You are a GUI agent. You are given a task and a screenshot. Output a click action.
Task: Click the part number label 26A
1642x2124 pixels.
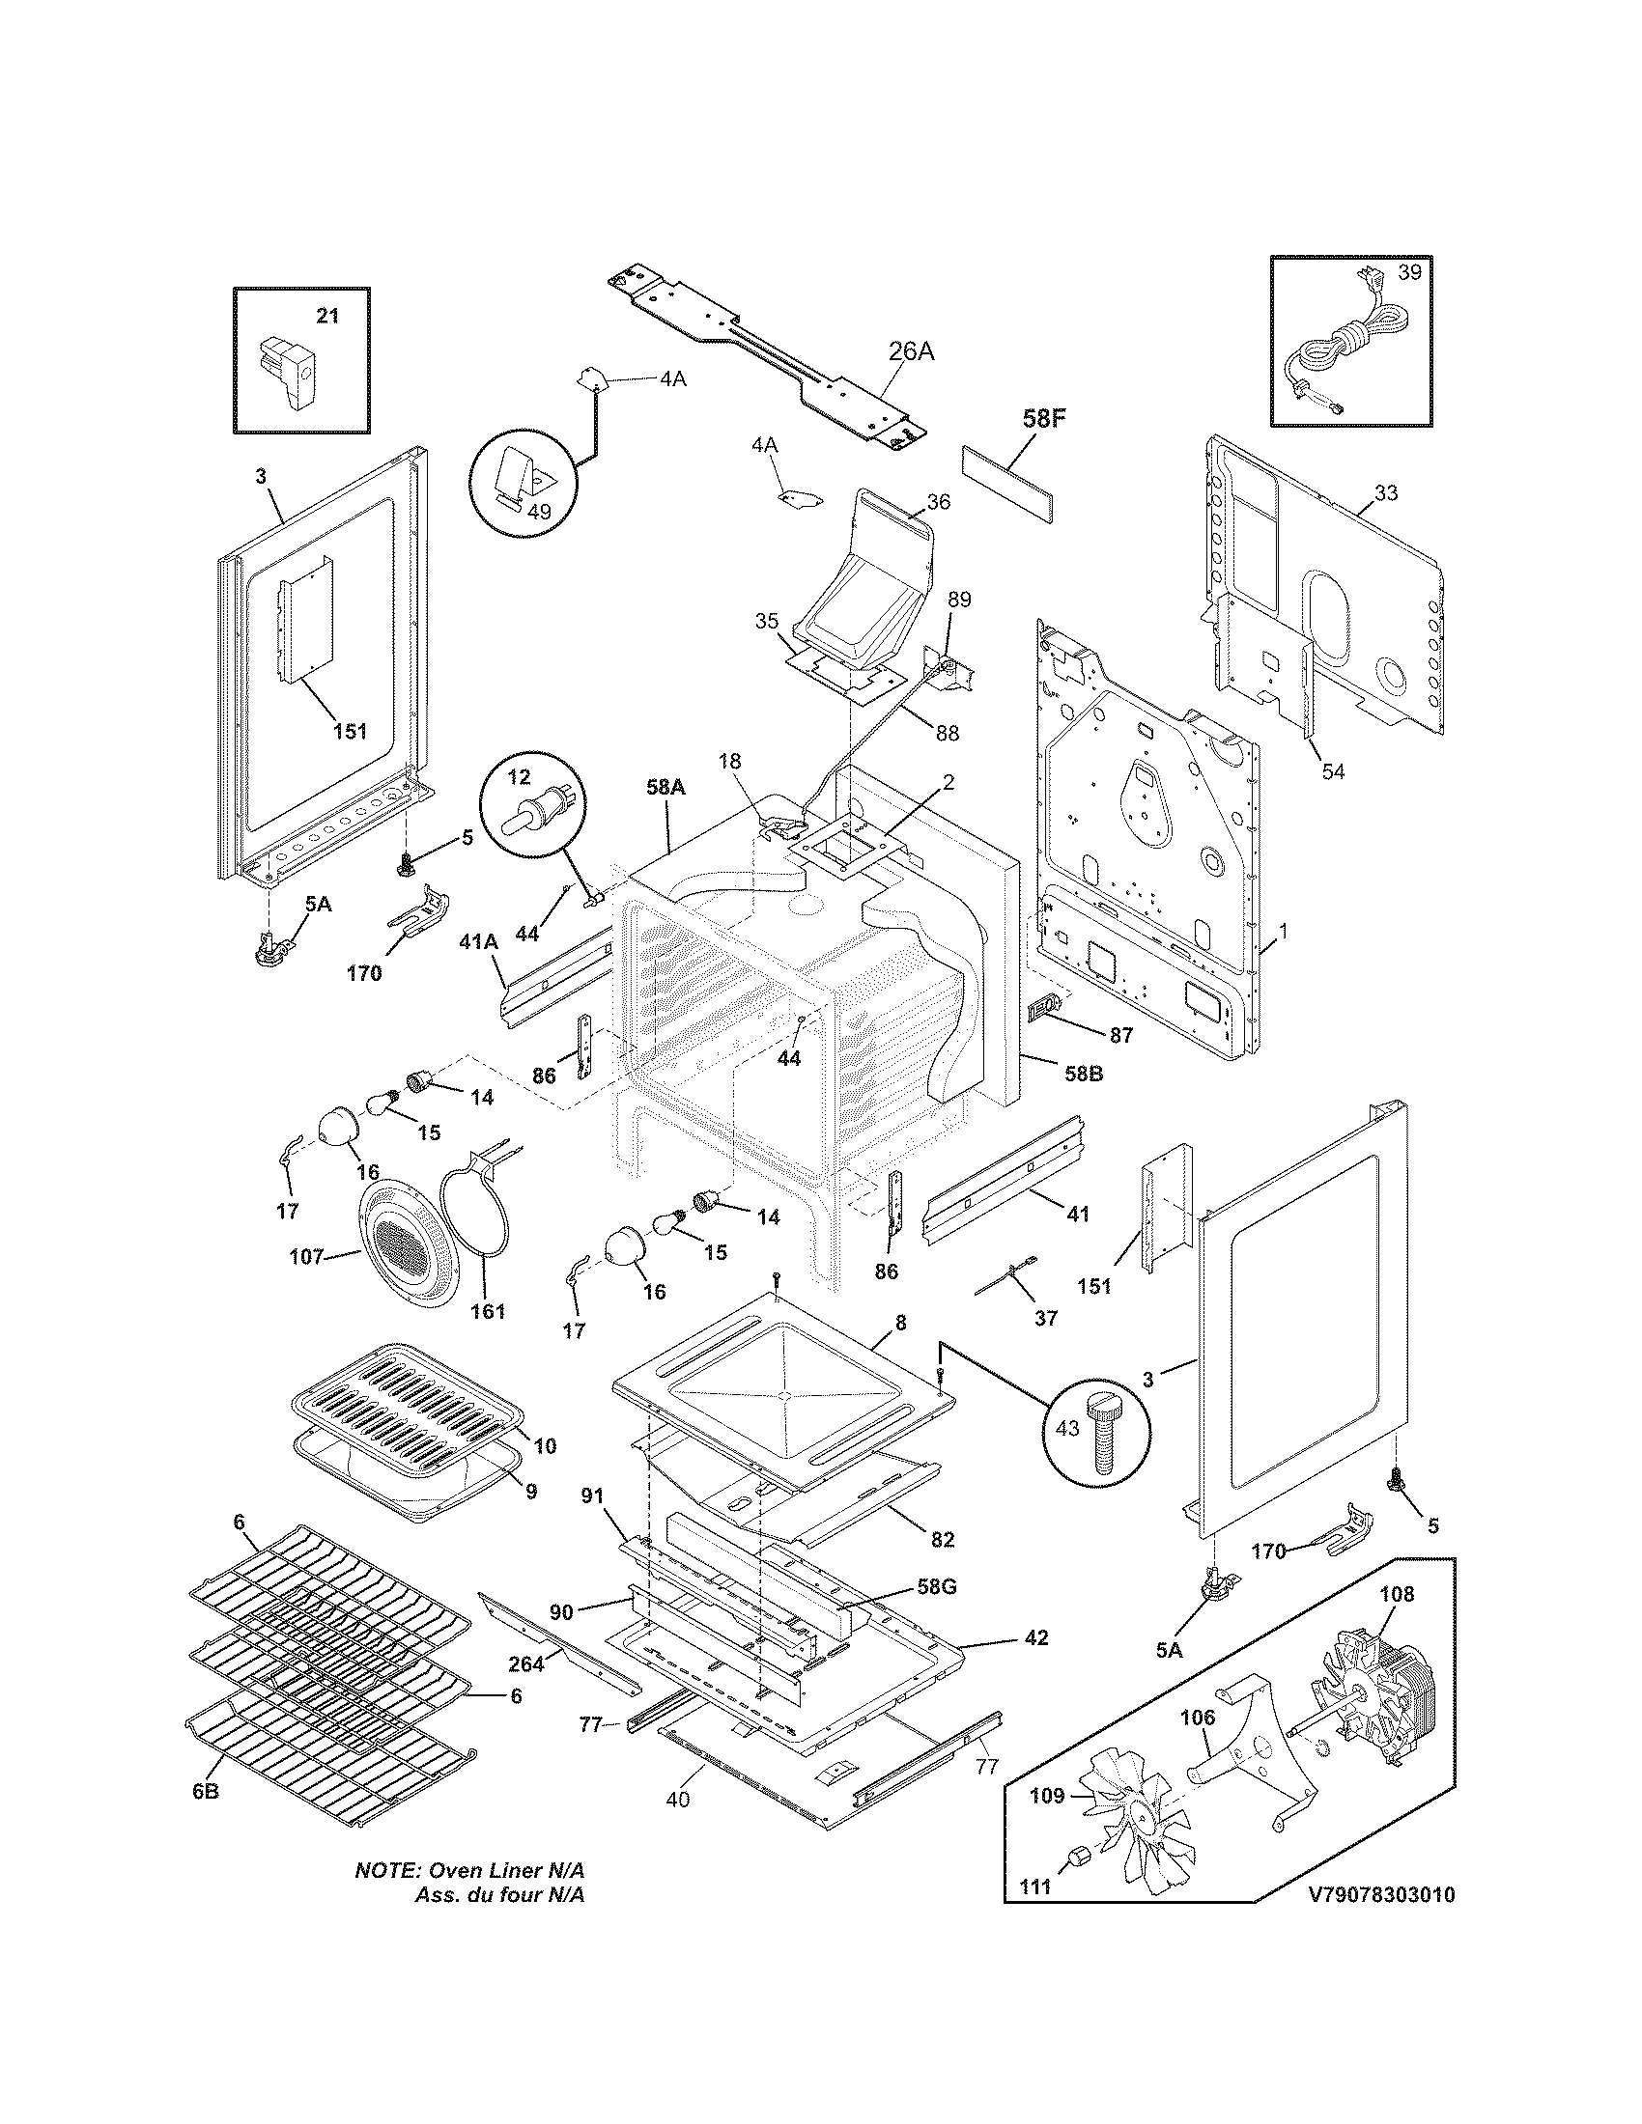click(911, 351)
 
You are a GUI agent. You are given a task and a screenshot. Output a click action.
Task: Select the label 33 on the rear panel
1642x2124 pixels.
click(1386, 493)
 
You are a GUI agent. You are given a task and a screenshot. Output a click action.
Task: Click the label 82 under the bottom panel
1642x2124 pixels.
click(942, 1540)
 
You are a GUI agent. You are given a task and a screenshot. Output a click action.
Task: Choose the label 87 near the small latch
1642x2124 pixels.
click(1121, 1036)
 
